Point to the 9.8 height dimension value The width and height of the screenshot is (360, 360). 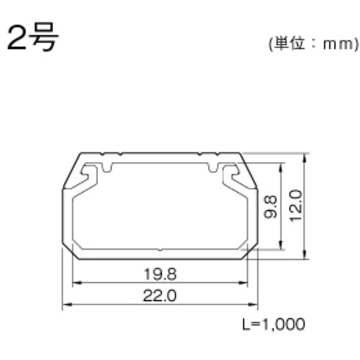tap(269, 207)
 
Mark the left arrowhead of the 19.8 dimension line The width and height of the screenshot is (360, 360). tap(75, 283)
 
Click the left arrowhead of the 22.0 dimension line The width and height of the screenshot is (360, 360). tap(66, 304)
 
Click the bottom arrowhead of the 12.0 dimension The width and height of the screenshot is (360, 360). tap(307, 255)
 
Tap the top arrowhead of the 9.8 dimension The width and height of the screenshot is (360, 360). tap(281, 165)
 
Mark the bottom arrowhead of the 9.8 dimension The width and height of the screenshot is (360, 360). tap(281, 248)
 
